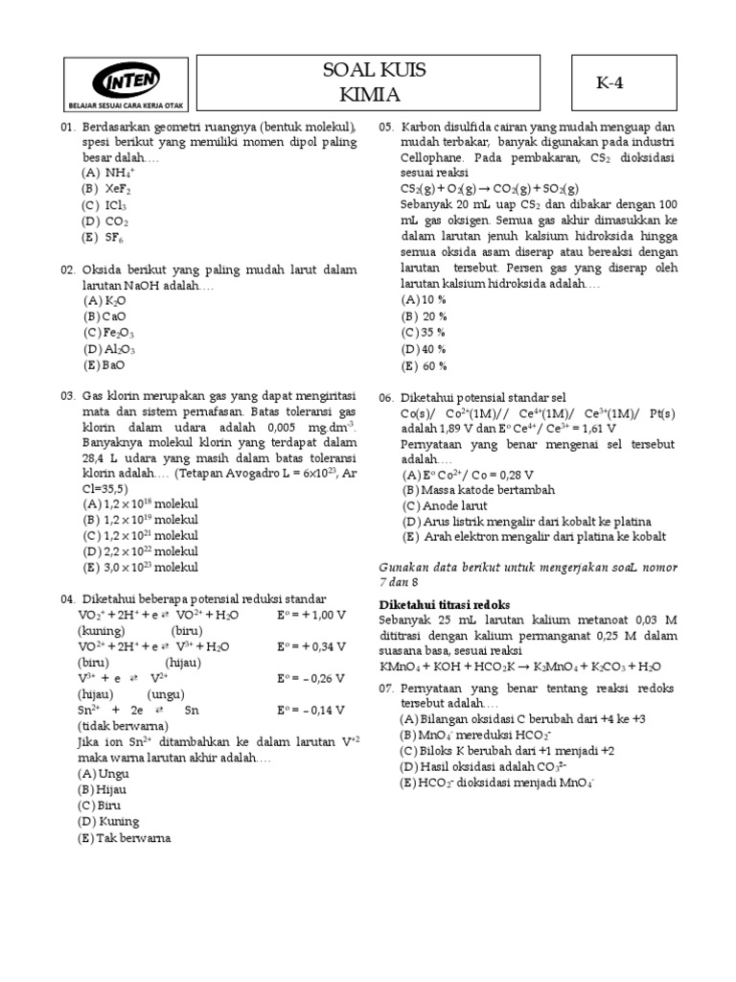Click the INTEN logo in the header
pyautogui.click(x=126, y=78)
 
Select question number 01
pyautogui.click(x=67, y=128)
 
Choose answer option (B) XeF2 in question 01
pyautogui.click(x=106, y=189)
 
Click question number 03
pyautogui.click(x=67, y=396)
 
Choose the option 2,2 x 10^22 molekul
pyautogui.click(x=138, y=550)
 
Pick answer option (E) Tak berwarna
pyautogui.click(x=125, y=837)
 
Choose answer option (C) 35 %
pyautogui.click(x=424, y=332)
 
